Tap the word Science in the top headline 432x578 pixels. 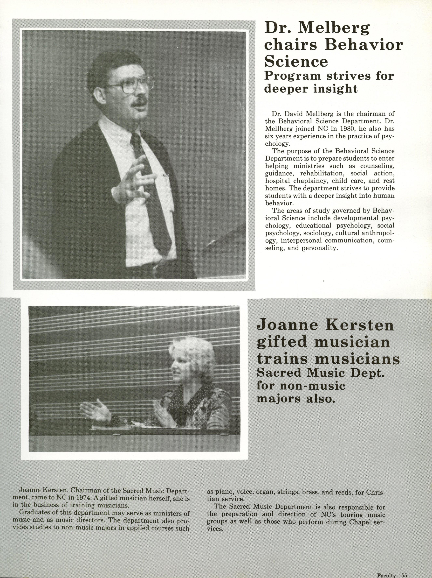(x=296, y=61)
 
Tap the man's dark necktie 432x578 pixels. (x=153, y=188)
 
